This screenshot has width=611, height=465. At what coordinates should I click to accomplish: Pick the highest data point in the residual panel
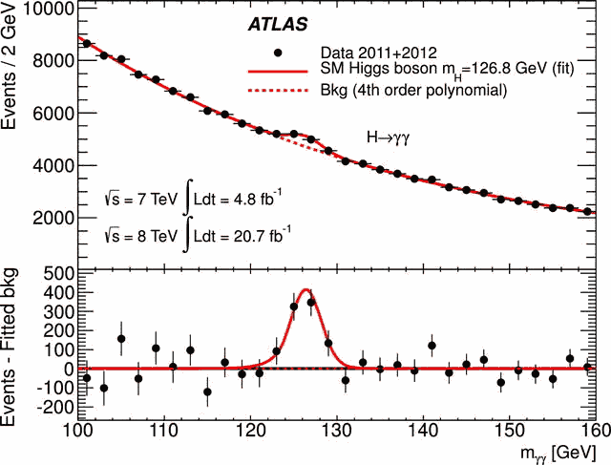click(311, 302)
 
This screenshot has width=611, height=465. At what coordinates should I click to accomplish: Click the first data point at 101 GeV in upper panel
click(87, 44)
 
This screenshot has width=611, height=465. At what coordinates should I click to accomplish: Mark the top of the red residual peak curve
click(305, 289)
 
